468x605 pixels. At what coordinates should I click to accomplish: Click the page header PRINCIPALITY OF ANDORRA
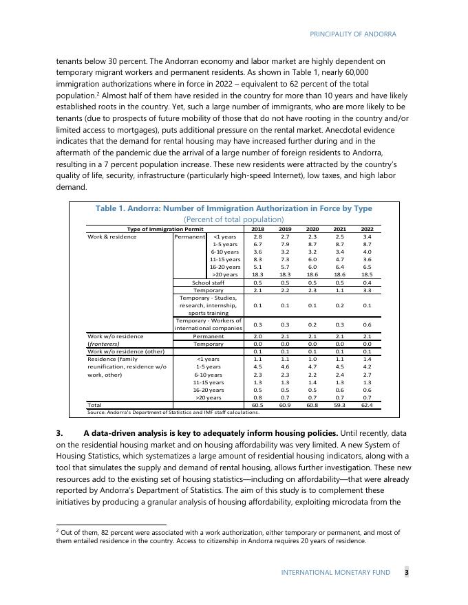point(353,34)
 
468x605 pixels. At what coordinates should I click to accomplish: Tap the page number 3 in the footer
point(406,572)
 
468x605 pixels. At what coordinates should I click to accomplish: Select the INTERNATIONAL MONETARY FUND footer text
point(335,572)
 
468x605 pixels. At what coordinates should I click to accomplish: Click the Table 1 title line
point(233,208)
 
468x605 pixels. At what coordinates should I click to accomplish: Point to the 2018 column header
point(257,229)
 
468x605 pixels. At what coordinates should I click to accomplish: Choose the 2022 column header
point(367,229)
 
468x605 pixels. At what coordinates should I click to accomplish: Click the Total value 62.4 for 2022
point(367,406)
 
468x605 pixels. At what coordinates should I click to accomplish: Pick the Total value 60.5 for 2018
point(257,406)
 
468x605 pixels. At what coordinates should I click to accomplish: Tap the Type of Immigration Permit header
point(165,229)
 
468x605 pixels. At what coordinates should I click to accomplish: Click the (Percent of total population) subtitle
point(233,219)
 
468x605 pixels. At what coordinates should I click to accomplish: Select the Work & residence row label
point(112,236)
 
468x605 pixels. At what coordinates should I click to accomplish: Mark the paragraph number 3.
point(59,433)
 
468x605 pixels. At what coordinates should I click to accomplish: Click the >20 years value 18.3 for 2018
point(257,274)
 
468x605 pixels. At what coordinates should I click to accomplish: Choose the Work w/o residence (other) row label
point(125,351)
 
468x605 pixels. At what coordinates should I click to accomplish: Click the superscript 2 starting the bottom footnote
point(57,531)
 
